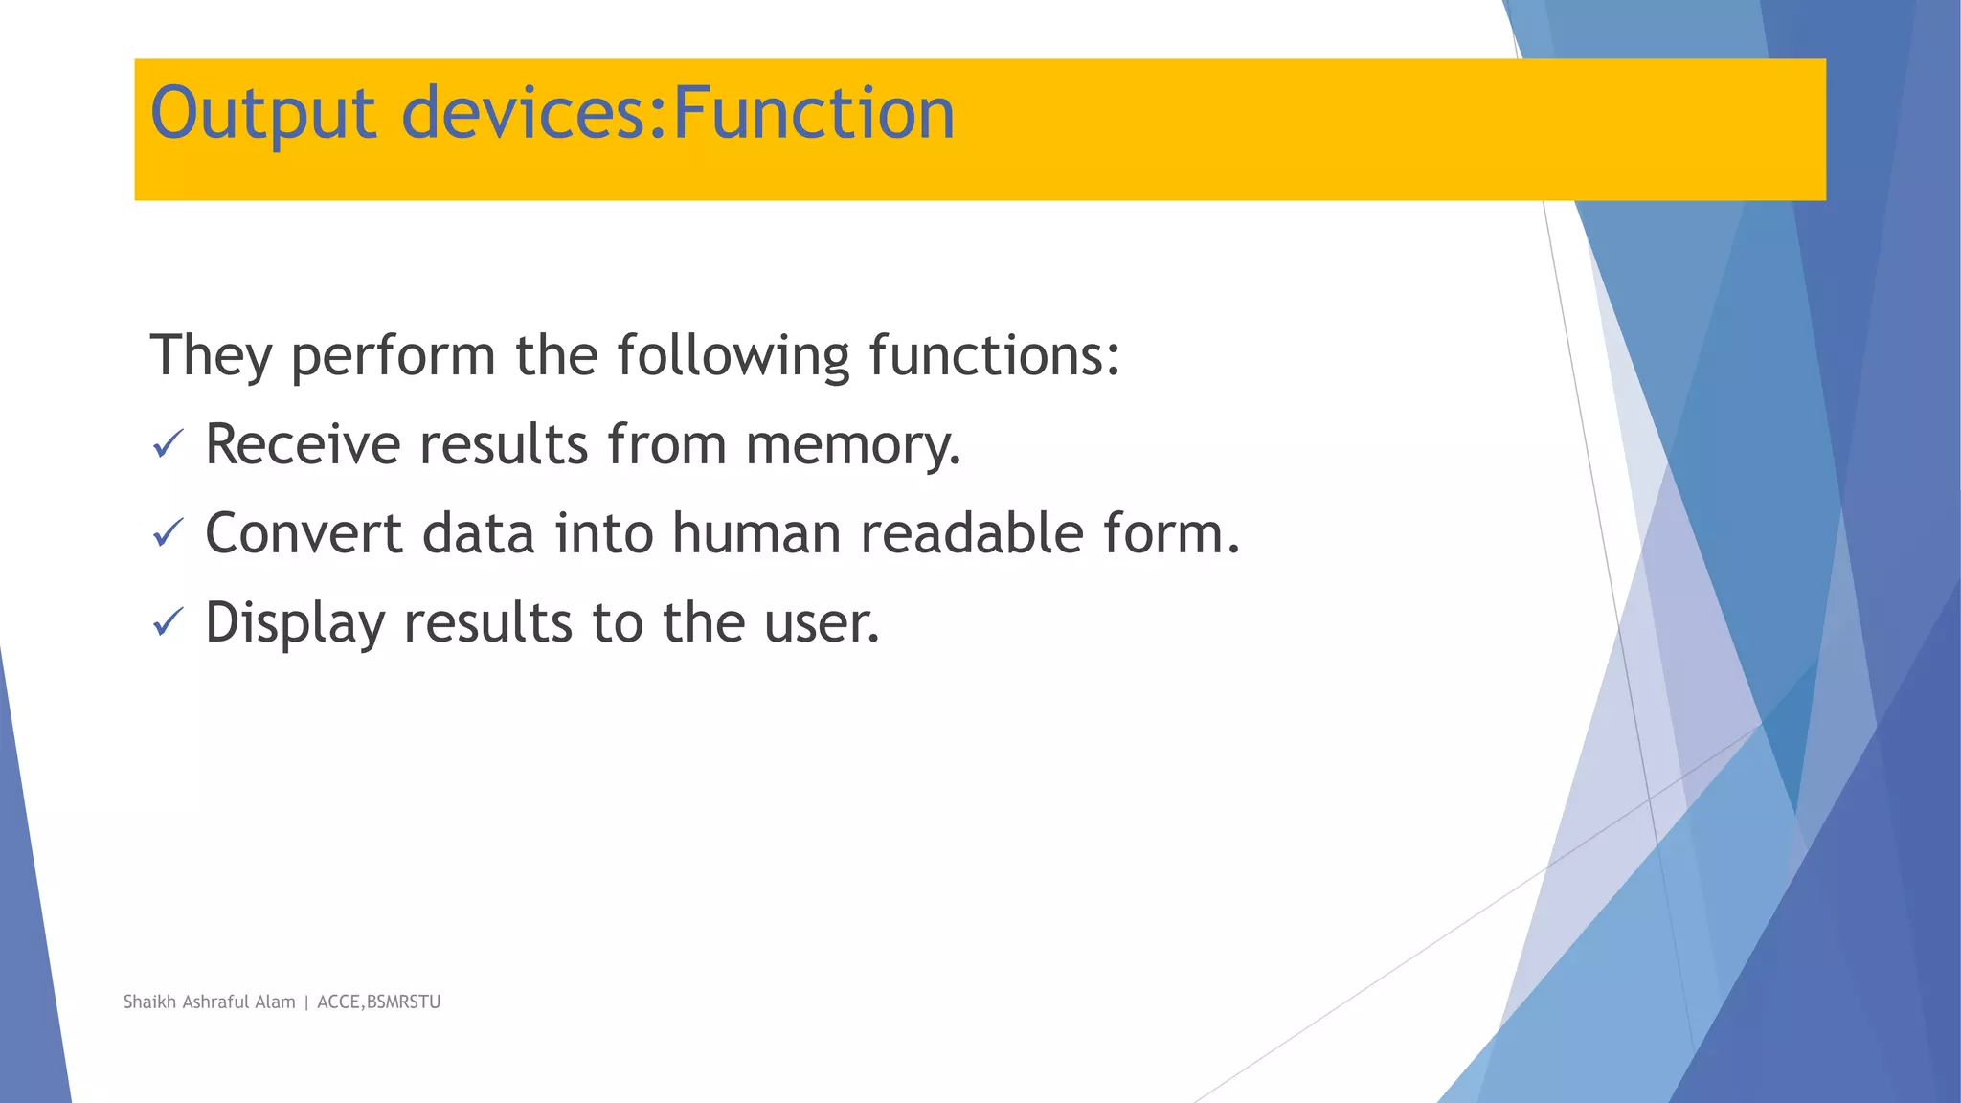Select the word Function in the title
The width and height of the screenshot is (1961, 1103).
(814, 113)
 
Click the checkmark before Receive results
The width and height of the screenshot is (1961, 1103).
(168, 444)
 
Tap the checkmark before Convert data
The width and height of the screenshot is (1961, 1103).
(168, 533)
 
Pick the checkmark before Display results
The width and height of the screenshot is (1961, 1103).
(168, 623)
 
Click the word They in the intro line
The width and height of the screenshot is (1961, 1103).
(211, 356)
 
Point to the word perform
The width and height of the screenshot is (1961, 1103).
(393, 356)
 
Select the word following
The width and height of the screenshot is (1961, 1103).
(733, 356)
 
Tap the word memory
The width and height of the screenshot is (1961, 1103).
(853, 446)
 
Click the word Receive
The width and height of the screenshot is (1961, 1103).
(303, 445)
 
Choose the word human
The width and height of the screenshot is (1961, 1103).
(755, 534)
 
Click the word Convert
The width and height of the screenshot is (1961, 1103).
(304, 534)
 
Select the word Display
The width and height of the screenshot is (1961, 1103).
(295, 624)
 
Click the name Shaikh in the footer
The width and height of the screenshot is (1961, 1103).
(149, 1002)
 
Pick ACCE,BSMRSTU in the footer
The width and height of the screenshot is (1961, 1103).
(378, 1002)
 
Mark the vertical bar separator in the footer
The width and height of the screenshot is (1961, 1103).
(306, 1002)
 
